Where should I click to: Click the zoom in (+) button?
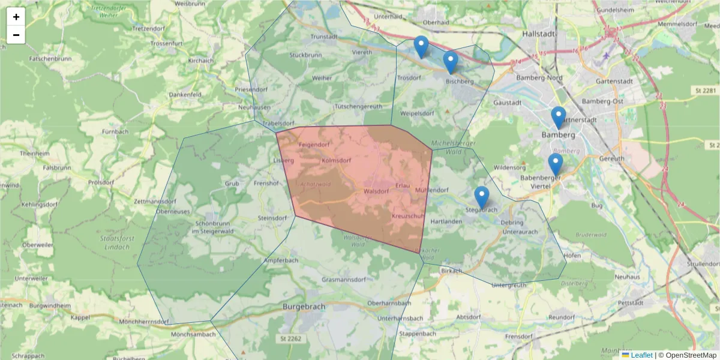pyautogui.click(x=16, y=17)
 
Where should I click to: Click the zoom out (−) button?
pyautogui.click(x=16, y=35)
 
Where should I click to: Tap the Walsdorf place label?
pyautogui.click(x=376, y=191)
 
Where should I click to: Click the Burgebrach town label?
pyautogui.click(x=304, y=306)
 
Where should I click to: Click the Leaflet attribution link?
pyautogui.click(x=641, y=355)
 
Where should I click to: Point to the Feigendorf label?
pyautogui.click(x=314, y=145)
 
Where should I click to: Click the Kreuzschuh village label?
pyautogui.click(x=409, y=215)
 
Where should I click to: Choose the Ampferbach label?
pyautogui.click(x=281, y=260)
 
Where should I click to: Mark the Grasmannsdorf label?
pyautogui.click(x=344, y=280)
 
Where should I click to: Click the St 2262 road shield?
pyautogui.click(x=290, y=339)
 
